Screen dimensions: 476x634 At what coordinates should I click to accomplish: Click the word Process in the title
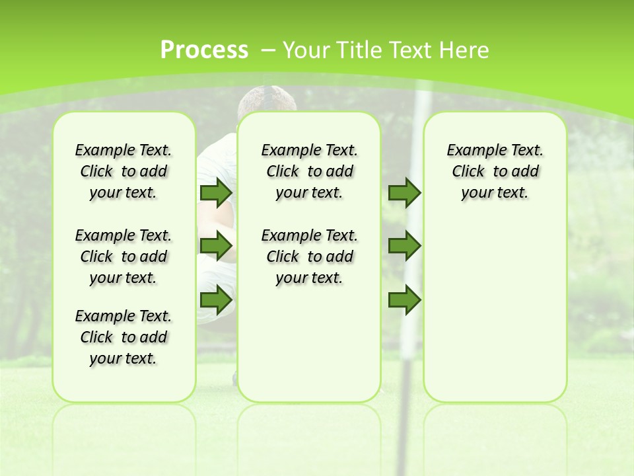point(204,50)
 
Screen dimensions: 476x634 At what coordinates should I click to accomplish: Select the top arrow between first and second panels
point(215,192)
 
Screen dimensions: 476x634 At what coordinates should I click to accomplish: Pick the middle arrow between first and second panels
point(215,246)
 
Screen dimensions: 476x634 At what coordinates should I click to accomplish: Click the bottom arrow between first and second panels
point(215,299)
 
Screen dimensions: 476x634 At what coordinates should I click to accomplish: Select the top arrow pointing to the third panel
point(404,192)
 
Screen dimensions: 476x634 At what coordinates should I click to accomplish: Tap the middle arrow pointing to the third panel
point(404,246)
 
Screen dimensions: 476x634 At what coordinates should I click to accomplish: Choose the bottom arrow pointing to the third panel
point(404,299)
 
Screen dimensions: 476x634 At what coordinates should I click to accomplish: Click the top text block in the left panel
point(123,171)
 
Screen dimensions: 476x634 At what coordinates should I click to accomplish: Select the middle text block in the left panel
point(123,257)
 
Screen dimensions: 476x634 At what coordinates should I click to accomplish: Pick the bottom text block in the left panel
point(123,337)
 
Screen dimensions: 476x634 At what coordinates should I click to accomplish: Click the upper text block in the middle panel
point(310,171)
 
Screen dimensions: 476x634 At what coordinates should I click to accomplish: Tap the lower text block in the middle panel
point(310,257)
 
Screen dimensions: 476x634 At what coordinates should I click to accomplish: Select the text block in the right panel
point(495,171)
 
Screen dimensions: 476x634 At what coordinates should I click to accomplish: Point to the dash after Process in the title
point(268,50)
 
